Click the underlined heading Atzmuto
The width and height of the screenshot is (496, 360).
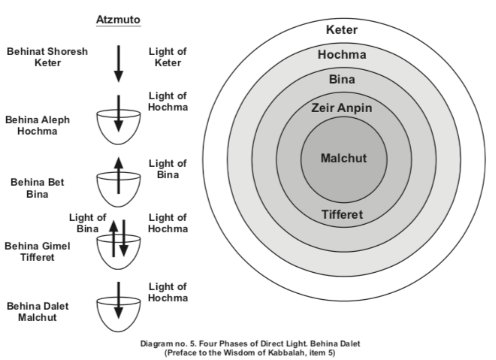pyautogui.click(x=118, y=20)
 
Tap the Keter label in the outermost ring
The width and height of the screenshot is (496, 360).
pyautogui.click(x=342, y=30)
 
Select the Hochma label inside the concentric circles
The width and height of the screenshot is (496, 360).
pyautogui.click(x=342, y=55)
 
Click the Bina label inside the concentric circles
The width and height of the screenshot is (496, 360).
pyautogui.click(x=342, y=79)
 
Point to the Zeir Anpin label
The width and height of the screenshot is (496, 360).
pyautogui.click(x=342, y=108)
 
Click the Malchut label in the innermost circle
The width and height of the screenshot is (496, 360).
pyautogui.click(x=343, y=158)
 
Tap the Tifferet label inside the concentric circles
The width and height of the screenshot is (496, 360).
pyautogui.click(x=342, y=214)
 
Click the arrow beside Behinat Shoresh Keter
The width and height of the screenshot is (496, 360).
pyautogui.click(x=119, y=63)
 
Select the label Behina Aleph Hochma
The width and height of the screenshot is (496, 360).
pyautogui.click(x=37, y=125)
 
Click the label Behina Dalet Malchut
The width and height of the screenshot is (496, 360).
pyautogui.click(x=38, y=312)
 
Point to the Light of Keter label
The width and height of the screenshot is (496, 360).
pyautogui.click(x=168, y=57)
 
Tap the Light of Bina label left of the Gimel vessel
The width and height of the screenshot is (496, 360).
pyautogui.click(x=87, y=223)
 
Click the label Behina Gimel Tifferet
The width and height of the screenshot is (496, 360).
pyautogui.click(x=37, y=252)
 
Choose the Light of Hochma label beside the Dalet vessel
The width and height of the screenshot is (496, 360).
pyautogui.click(x=168, y=292)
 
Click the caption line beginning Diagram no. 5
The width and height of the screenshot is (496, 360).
pyautogui.click(x=250, y=344)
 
